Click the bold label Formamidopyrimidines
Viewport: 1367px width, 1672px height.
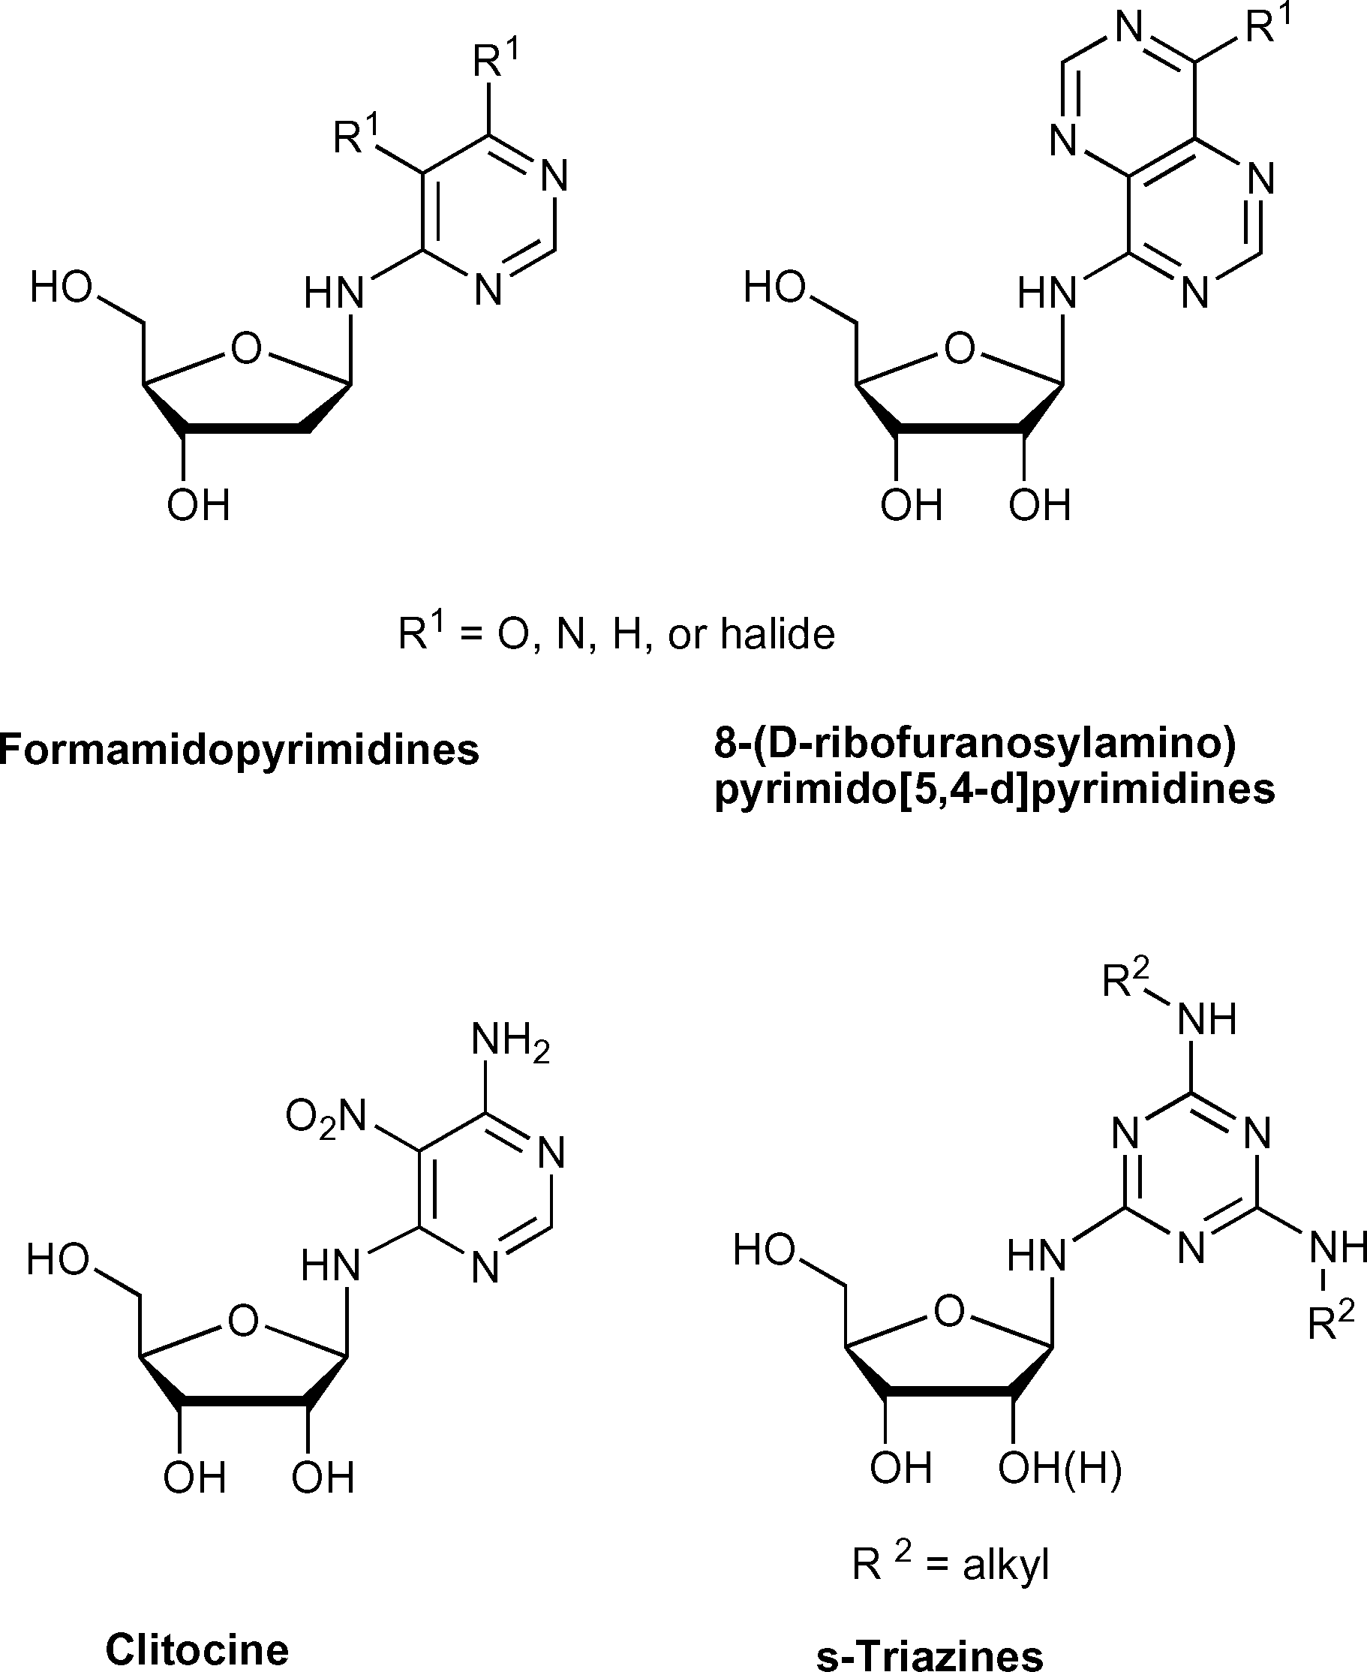[x=239, y=749]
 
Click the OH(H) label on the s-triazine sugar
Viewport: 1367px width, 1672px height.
[x=1060, y=1467]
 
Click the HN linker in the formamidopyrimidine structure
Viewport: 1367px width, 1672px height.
[x=335, y=293]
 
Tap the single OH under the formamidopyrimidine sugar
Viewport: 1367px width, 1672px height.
[x=198, y=505]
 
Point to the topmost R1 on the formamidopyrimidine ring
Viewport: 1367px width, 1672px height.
[x=496, y=60]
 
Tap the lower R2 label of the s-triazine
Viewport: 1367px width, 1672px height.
[x=1331, y=1322]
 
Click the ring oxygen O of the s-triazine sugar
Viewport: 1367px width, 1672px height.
[x=949, y=1311]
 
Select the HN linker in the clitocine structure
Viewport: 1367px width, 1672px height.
[x=331, y=1265]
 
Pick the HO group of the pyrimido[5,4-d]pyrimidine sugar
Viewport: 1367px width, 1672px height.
[x=775, y=287]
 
